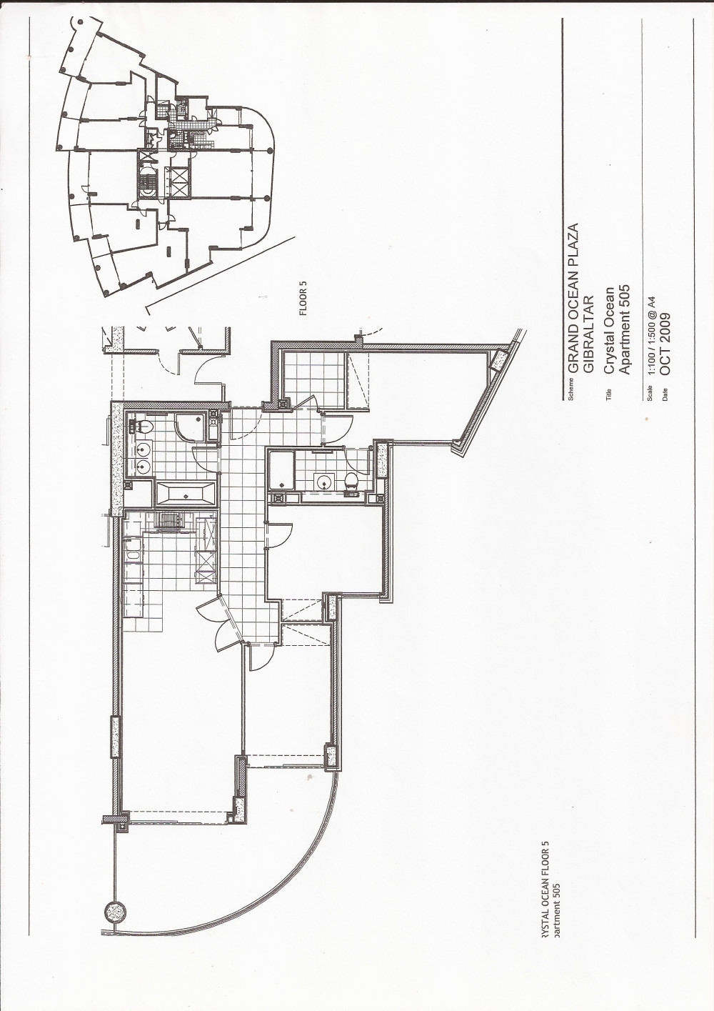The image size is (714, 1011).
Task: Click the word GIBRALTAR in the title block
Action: pyautogui.click(x=589, y=332)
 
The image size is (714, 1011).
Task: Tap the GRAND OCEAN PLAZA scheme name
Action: pyautogui.click(x=573, y=299)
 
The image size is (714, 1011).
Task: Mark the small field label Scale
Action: pyautogui.click(x=650, y=393)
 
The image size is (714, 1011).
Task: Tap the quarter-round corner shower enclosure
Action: pyautogui.click(x=189, y=428)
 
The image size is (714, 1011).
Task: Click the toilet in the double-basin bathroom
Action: pyautogui.click(x=140, y=424)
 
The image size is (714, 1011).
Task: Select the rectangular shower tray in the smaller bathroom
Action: pyautogui.click(x=282, y=469)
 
